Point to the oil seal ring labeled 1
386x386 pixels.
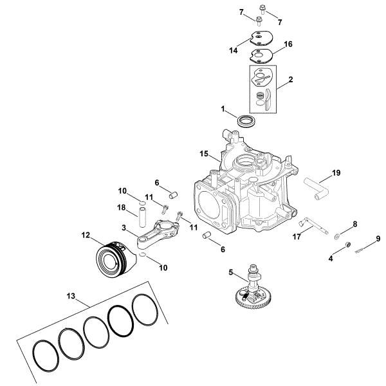[x=245, y=121]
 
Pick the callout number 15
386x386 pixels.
[x=204, y=154]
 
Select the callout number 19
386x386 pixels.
[x=336, y=172]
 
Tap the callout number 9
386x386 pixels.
[x=378, y=239]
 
